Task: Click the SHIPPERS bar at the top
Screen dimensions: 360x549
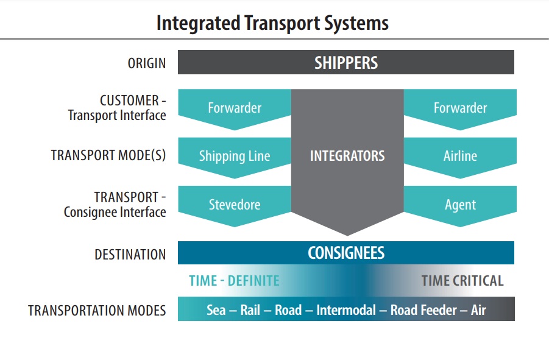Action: click(x=345, y=62)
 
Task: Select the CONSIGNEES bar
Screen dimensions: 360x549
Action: click(x=345, y=253)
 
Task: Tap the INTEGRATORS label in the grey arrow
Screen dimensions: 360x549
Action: click(x=347, y=156)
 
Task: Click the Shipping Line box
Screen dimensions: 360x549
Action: click(x=235, y=156)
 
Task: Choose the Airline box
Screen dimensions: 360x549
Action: click(x=460, y=156)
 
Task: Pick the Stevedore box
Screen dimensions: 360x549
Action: click(x=235, y=205)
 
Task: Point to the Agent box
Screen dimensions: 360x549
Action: click(x=460, y=205)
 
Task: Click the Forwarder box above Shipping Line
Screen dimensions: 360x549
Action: click(x=235, y=108)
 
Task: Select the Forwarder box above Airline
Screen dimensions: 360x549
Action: click(x=460, y=108)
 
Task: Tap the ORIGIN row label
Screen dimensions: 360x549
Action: click(x=146, y=63)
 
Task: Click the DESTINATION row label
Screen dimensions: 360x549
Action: click(x=130, y=255)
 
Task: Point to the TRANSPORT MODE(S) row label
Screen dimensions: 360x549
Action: click(x=108, y=156)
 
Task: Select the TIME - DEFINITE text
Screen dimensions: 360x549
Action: click(x=234, y=281)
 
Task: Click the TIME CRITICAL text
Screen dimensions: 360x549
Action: click(x=462, y=281)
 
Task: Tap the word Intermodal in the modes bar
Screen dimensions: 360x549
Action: click(x=345, y=310)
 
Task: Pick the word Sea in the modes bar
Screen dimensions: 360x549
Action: click(x=216, y=310)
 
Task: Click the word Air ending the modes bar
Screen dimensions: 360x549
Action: click(x=478, y=310)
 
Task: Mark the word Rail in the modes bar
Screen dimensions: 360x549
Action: click(x=250, y=310)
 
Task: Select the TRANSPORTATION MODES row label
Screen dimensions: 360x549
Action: click(x=97, y=311)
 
